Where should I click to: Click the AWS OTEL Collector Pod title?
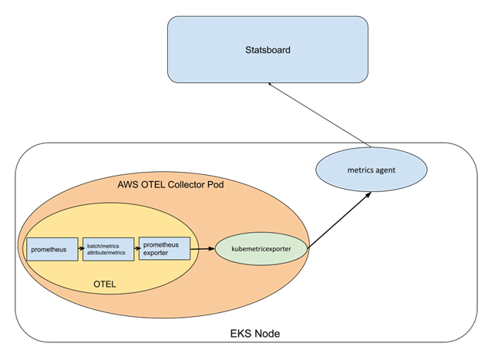[170, 186]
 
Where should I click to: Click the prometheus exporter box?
[164, 249]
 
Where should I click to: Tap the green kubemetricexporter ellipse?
[263, 250]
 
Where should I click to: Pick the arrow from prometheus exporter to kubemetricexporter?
[203, 250]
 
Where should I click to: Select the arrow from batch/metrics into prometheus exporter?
[136, 250]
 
